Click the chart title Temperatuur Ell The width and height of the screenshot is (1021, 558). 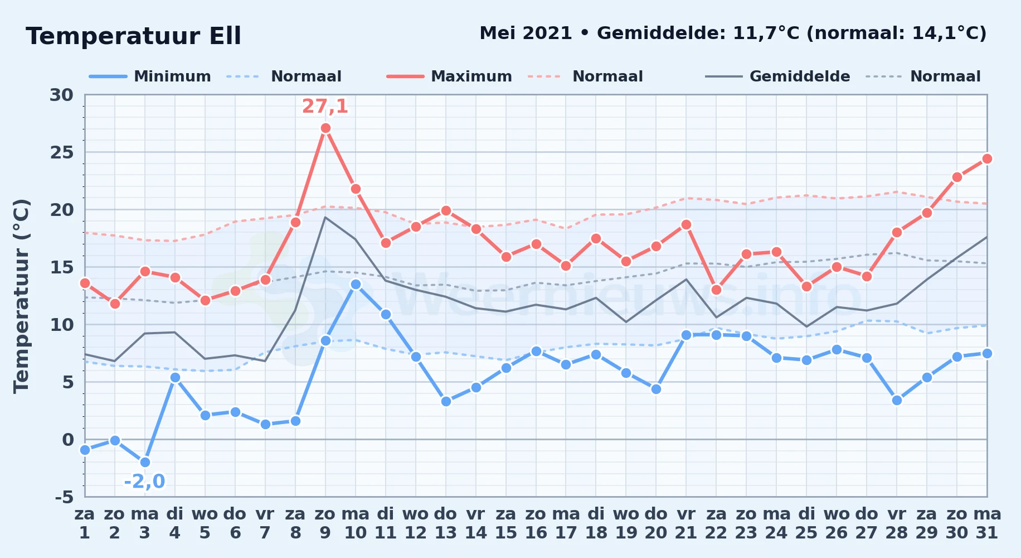click(x=133, y=36)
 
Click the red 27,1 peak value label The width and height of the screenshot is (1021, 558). click(x=325, y=106)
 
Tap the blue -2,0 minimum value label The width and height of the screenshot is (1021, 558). click(x=144, y=481)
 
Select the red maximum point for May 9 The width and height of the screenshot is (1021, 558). click(x=326, y=128)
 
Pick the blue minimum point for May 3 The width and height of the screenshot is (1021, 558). click(x=145, y=462)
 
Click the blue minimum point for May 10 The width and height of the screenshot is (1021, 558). click(x=356, y=285)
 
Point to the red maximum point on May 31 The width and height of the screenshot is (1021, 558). click(x=987, y=159)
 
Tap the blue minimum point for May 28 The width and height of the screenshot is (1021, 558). click(x=897, y=400)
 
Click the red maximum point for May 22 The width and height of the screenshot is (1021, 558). click(x=716, y=290)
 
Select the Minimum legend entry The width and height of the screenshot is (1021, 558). click(x=150, y=76)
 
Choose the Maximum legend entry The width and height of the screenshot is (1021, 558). click(x=449, y=76)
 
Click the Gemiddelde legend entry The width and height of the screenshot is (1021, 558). click(x=777, y=76)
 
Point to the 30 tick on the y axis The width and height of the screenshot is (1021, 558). click(x=61, y=95)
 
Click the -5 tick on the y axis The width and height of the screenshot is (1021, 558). click(x=64, y=497)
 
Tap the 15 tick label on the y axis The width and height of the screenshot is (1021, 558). click(x=61, y=267)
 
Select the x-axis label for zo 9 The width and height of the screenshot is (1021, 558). click(x=325, y=523)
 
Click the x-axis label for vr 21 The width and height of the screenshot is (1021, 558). click(x=686, y=523)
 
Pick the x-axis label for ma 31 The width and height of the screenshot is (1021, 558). click(x=987, y=523)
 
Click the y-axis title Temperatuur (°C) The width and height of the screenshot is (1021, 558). click(x=22, y=296)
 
